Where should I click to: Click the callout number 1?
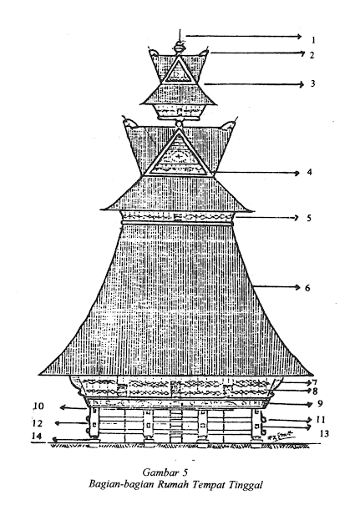[x=313, y=40]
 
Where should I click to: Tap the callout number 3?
[x=312, y=83]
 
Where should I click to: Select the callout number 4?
[x=310, y=172]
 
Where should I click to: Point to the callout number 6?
[x=307, y=288]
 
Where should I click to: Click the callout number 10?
[x=38, y=406]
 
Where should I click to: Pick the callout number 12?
[x=38, y=423]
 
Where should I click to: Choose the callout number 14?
[x=37, y=437]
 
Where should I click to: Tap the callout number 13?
[x=324, y=433]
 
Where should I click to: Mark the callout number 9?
[x=320, y=404]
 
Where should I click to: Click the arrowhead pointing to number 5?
[x=297, y=218]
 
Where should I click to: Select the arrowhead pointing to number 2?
[x=302, y=53]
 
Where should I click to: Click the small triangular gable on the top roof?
[x=179, y=71]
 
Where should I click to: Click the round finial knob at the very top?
[x=179, y=48]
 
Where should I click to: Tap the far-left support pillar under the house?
[x=94, y=423]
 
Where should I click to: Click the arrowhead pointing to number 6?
[x=297, y=287]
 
